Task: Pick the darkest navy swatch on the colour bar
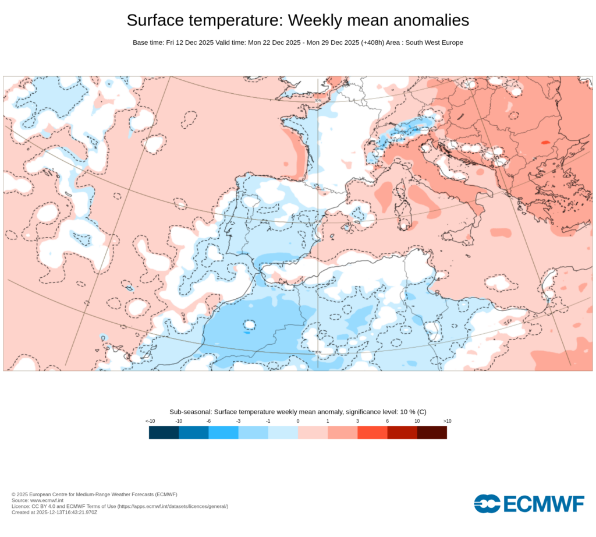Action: pyautogui.click(x=164, y=433)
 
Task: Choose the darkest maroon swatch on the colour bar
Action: pyautogui.click(x=432, y=433)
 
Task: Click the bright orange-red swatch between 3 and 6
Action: pyautogui.click(x=372, y=433)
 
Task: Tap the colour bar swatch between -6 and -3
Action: pyautogui.click(x=223, y=433)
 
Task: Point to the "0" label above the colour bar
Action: pyautogui.click(x=298, y=421)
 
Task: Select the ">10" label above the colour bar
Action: pyautogui.click(x=447, y=421)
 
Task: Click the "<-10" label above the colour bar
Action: pyautogui.click(x=150, y=421)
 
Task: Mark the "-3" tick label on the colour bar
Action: pyautogui.click(x=238, y=421)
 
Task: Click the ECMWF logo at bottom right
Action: pyautogui.click(x=528, y=504)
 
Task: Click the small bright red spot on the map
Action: pyautogui.click(x=545, y=142)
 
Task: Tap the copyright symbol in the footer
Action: pyautogui.click(x=13, y=494)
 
